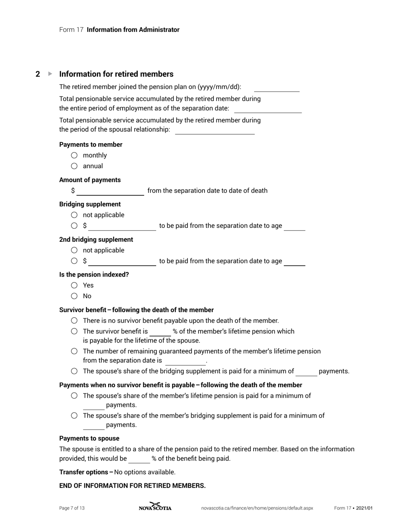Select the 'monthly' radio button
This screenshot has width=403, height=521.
pyautogui.click(x=74, y=155)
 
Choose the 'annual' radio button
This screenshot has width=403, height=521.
pyautogui.click(x=74, y=166)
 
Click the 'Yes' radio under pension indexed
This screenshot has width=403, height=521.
pyautogui.click(x=74, y=285)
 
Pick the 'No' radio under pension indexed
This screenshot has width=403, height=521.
pyautogui.click(x=74, y=296)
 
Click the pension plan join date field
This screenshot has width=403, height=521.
pyautogui.click(x=277, y=87)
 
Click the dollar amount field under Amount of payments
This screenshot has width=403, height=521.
pyautogui.click(x=110, y=191)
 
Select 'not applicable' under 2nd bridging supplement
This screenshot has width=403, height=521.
pyautogui.click(x=74, y=250)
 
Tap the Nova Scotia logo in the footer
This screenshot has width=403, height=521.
pyautogui.click(x=155, y=507)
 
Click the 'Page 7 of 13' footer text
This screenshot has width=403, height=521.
pyautogui.click(x=72, y=508)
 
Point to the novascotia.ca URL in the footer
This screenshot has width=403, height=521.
pyautogui.click(x=257, y=508)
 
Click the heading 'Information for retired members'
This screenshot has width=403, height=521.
pyautogui.click(x=116, y=74)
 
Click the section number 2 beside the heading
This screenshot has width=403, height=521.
pyautogui.click(x=38, y=74)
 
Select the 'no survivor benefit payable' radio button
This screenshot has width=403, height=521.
pyautogui.click(x=74, y=321)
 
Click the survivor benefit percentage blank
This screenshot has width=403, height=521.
pyautogui.click(x=160, y=332)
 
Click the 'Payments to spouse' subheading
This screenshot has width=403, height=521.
pyautogui.click(x=89, y=438)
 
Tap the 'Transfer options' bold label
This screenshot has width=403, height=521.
pyautogui.click(x=85, y=472)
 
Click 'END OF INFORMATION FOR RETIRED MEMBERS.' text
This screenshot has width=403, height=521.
pyautogui.click(x=132, y=486)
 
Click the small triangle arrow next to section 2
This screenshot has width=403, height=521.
pyautogui.click(x=50, y=74)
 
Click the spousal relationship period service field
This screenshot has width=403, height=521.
pyautogui.click(x=215, y=130)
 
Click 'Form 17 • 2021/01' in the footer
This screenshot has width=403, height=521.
pyautogui.click(x=353, y=508)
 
